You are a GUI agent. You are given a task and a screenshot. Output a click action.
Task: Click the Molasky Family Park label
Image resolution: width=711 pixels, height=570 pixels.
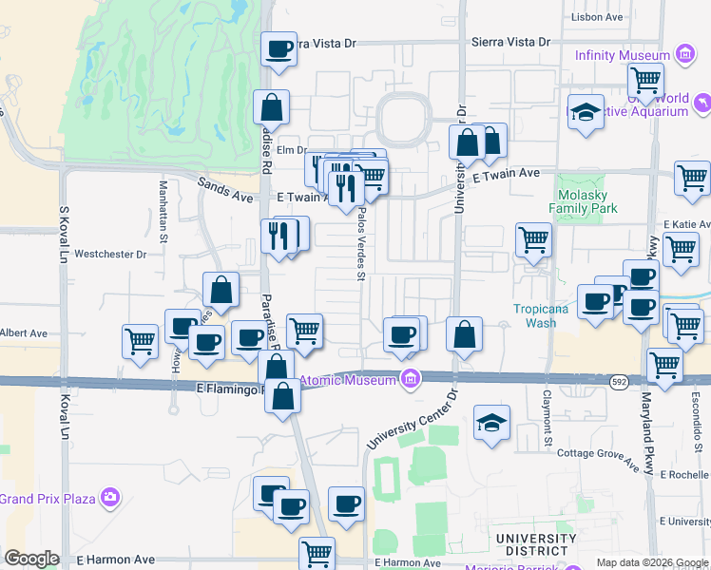tap(583, 201)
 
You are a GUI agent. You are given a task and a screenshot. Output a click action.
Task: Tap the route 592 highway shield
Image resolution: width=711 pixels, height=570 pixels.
tap(620, 379)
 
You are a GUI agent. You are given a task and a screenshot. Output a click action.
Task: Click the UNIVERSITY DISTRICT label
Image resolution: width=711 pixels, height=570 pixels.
tap(536, 545)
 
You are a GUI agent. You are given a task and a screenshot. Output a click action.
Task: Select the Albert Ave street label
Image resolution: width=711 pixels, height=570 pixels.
tap(23, 333)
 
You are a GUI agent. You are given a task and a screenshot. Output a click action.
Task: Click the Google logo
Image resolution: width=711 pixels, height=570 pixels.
tap(31, 558)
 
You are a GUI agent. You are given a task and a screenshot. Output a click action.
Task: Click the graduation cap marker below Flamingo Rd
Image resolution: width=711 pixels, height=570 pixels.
tap(491, 424)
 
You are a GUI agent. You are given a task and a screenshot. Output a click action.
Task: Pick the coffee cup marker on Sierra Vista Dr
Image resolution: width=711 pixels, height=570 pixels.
tap(279, 49)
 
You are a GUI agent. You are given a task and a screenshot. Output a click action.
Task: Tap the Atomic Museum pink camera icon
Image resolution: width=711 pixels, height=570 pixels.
tap(411, 379)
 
